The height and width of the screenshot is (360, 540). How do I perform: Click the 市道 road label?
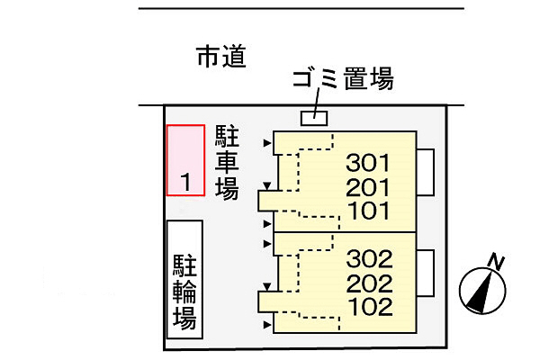coord(220,58)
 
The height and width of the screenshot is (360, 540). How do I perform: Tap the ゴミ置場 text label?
coord(342,81)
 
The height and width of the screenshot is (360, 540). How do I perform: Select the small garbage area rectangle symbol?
coord(313,118)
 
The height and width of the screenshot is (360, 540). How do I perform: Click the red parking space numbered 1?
coord(186,160)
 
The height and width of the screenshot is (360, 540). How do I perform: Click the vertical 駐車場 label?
coord(226,162)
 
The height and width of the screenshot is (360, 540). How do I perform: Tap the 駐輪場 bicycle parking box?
coord(184,279)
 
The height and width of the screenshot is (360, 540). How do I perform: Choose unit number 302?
coord(370,260)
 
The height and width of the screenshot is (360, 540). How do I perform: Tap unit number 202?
coord(370,283)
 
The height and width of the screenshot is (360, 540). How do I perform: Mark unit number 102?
coord(370,307)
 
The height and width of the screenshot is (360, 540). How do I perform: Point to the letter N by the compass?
coord(495,262)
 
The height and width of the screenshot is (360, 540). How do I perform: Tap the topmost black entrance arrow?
coord(266,143)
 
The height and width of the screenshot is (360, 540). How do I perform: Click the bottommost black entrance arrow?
coord(266,323)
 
